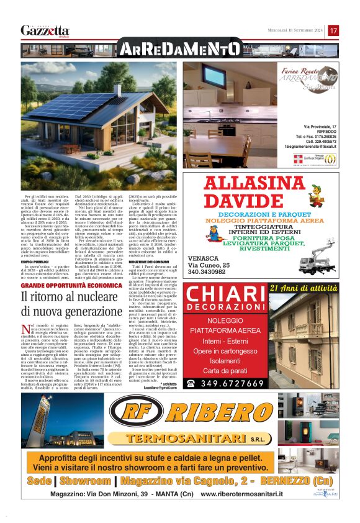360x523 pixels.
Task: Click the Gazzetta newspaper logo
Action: (45, 30)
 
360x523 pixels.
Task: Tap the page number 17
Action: (333, 30)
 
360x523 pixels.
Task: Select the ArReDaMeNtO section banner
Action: (179, 49)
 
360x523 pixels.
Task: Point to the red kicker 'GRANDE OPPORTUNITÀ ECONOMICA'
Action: (71, 285)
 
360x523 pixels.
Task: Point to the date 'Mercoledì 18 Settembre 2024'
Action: (292, 30)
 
